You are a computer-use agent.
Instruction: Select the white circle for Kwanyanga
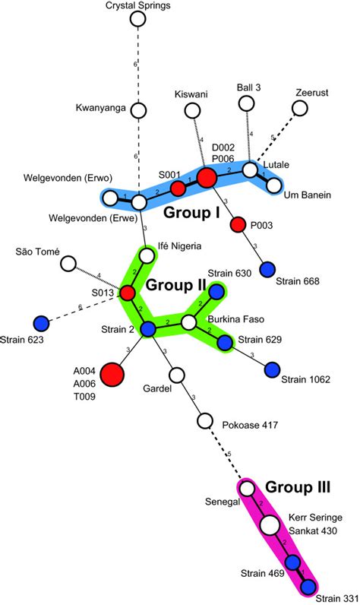coord(138,110)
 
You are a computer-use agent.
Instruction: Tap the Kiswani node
coord(191,110)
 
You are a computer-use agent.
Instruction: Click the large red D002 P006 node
coord(207,179)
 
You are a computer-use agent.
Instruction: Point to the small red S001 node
coord(177,188)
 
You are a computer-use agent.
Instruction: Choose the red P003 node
coord(238,224)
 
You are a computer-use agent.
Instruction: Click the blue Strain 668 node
coord(267,268)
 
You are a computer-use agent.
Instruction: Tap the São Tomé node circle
coord(68,264)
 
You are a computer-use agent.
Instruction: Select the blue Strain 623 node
coord(43,322)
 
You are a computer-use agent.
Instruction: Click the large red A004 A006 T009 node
coord(112,374)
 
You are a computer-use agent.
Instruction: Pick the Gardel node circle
coord(177,375)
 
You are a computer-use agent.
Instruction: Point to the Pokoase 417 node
coord(204,420)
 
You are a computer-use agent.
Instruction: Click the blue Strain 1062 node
coord(273,370)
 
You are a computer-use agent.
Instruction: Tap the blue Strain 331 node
coord(308,587)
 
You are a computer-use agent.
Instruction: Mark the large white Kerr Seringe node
coord(269,525)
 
